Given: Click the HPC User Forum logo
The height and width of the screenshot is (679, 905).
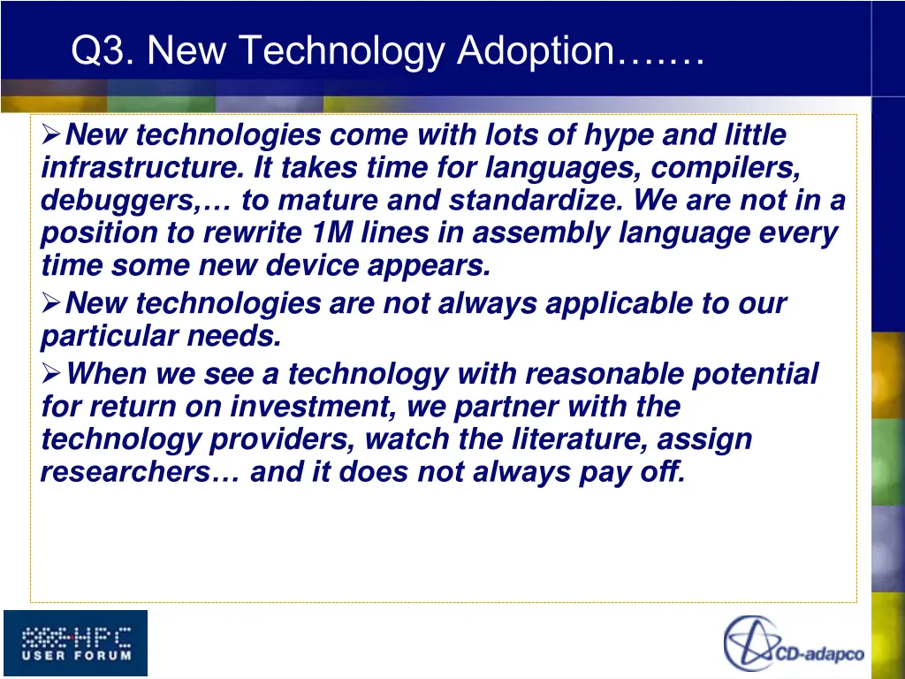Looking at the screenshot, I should point(75,643).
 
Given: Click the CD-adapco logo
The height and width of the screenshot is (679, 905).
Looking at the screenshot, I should point(794,643).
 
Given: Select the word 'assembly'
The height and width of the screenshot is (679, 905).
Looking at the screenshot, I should point(525,233).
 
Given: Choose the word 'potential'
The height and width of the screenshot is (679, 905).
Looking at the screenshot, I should point(755,374).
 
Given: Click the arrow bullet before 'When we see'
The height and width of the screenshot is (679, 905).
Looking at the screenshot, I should point(51,374).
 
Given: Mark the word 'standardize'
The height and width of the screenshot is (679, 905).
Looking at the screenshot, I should point(541,201).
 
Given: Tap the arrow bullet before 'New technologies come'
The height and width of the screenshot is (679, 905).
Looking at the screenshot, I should point(51,135).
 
